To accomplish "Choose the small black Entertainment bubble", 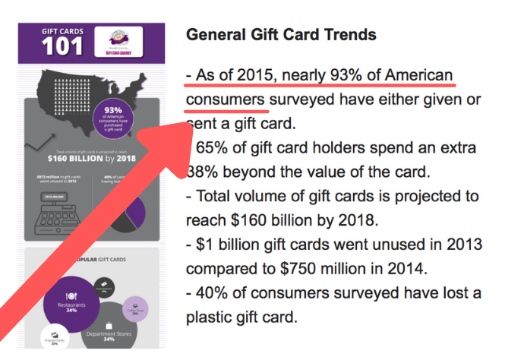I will click(105, 287).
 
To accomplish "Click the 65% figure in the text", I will click(216, 148).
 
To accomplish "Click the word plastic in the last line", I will click(216, 317).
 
